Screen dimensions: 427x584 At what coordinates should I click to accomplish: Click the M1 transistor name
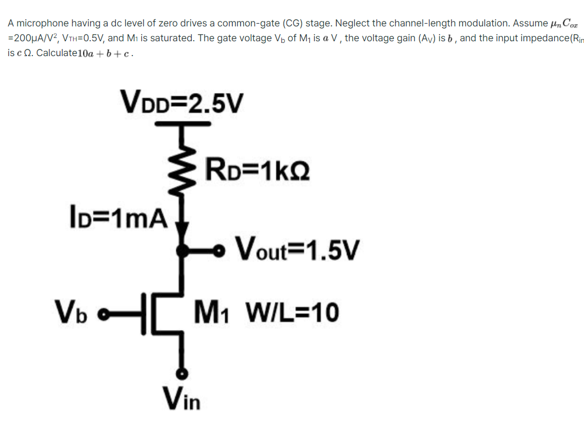coord(214,313)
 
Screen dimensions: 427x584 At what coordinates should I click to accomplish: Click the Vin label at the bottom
coord(181,398)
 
